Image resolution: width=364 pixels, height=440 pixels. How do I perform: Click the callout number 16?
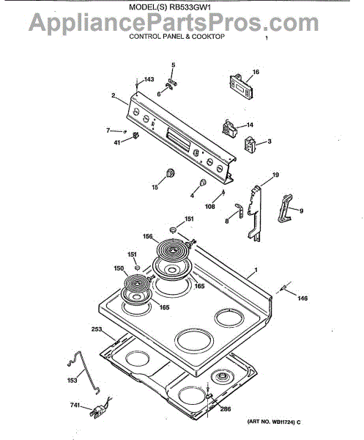(256, 72)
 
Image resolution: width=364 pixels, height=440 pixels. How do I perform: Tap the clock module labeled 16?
(242, 87)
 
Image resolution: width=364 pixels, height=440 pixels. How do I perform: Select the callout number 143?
(149, 79)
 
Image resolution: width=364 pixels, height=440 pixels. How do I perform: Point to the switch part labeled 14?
(229, 129)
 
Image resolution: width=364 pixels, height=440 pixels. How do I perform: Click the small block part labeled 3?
(250, 144)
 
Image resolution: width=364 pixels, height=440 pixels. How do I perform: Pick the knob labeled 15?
(170, 172)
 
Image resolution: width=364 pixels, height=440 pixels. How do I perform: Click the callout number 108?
(210, 207)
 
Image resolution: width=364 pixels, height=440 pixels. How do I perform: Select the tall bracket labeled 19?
(255, 213)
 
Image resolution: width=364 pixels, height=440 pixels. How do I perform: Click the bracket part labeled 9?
(285, 208)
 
